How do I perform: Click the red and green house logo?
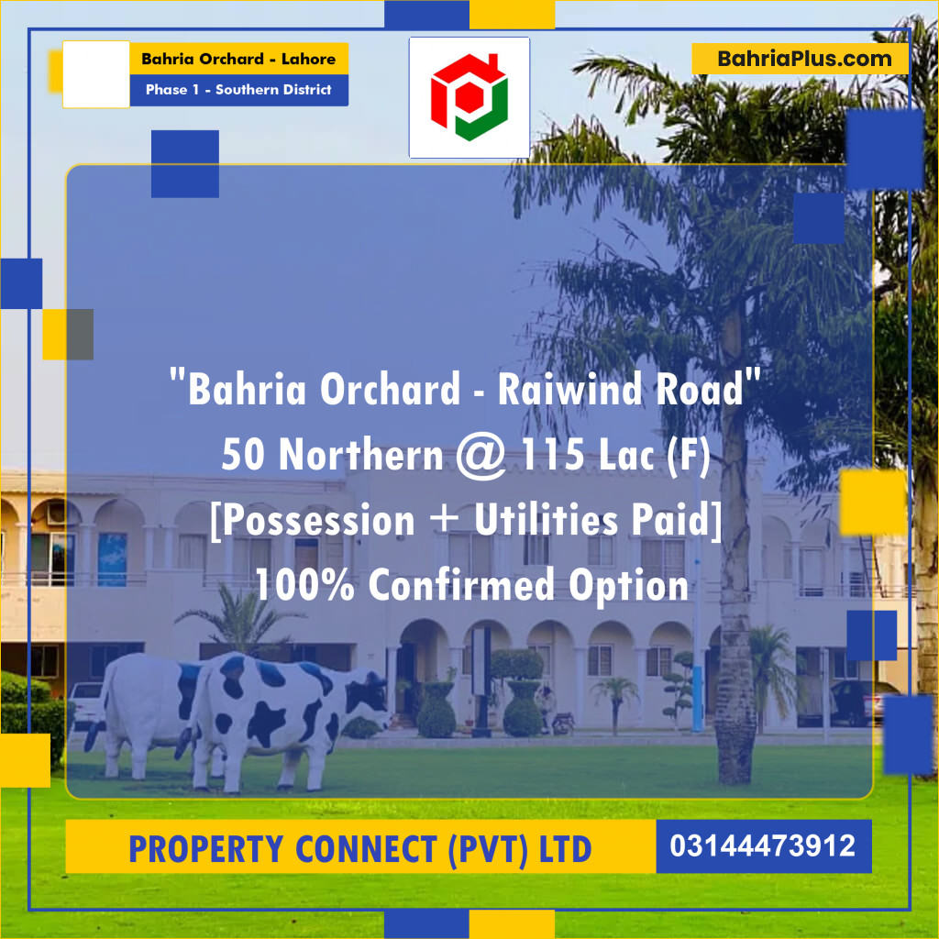tap(469, 96)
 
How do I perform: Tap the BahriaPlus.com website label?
tap(804, 59)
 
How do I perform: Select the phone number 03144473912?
tap(763, 845)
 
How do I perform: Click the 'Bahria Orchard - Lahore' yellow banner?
tap(238, 60)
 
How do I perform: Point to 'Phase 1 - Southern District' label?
tap(238, 90)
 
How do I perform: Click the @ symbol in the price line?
tap(480, 455)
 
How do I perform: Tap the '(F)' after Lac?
tap(685, 455)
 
